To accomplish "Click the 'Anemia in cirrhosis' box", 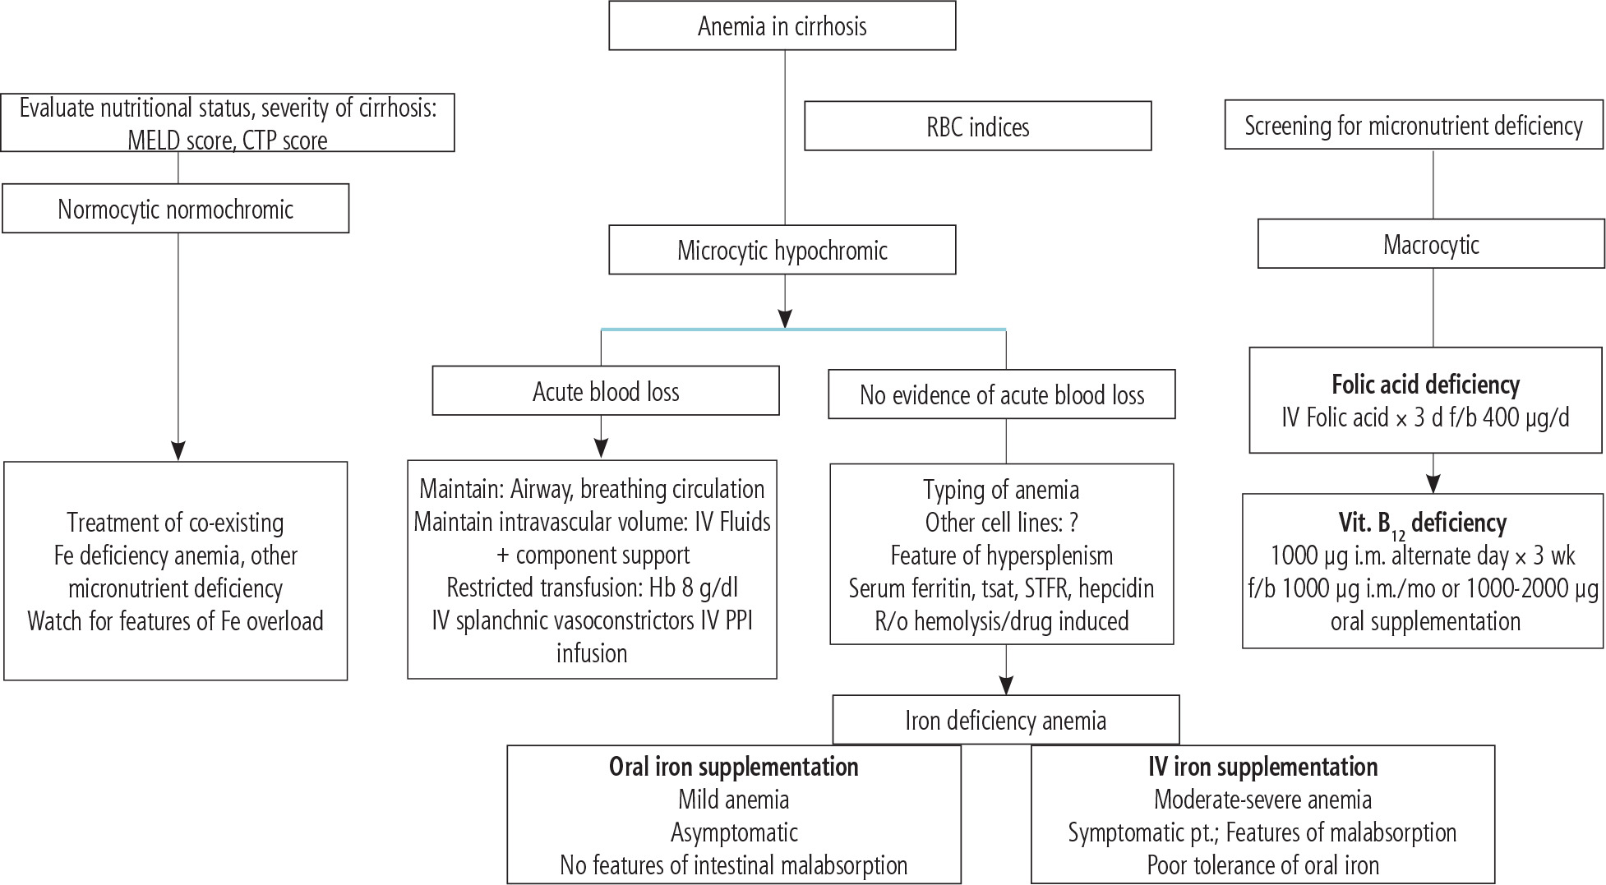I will tap(782, 26).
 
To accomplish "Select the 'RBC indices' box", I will tap(977, 127).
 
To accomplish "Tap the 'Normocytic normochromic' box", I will tap(175, 209).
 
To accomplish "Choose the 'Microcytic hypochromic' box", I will tap(782, 250).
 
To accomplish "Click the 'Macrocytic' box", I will tap(1431, 244).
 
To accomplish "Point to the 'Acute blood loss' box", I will tap(606, 391).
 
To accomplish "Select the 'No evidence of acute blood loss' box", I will tap(1001, 395).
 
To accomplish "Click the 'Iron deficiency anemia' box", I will tap(1005, 721).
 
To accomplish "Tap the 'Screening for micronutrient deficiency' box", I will tap(1413, 126).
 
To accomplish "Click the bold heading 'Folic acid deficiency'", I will tap(1425, 385).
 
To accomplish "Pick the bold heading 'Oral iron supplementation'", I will tap(733, 767).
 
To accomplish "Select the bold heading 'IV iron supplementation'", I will tap(1262, 767).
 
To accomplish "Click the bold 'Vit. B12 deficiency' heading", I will tap(1422, 523).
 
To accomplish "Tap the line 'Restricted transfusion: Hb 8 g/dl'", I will tap(592, 588).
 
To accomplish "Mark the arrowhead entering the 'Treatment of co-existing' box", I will tap(178, 450).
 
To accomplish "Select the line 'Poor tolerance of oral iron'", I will tap(1262, 865).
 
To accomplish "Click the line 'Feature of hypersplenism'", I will tap(1001, 555).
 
